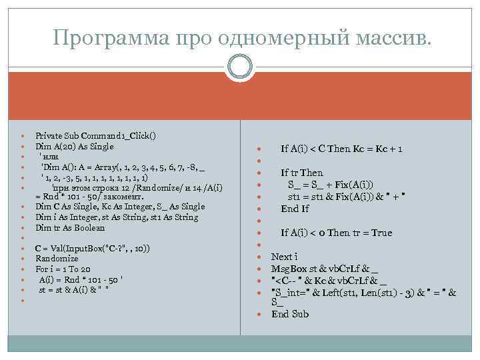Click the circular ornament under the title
pyautogui.click(x=240, y=67)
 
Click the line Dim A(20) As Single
pyautogui.click(x=75, y=146)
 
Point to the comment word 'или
pyautogui.click(x=50, y=157)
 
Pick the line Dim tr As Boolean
pyautogui.click(x=70, y=227)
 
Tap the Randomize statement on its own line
pyautogui.click(x=57, y=259)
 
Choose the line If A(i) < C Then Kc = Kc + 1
pyautogui.click(x=341, y=149)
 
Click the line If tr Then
pyautogui.click(x=301, y=173)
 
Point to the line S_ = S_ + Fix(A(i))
pyautogui.click(x=331, y=185)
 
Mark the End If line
pyautogui.click(x=295, y=209)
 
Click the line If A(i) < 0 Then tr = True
pyautogui.click(x=337, y=233)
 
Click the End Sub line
pyautogui.click(x=290, y=313)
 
